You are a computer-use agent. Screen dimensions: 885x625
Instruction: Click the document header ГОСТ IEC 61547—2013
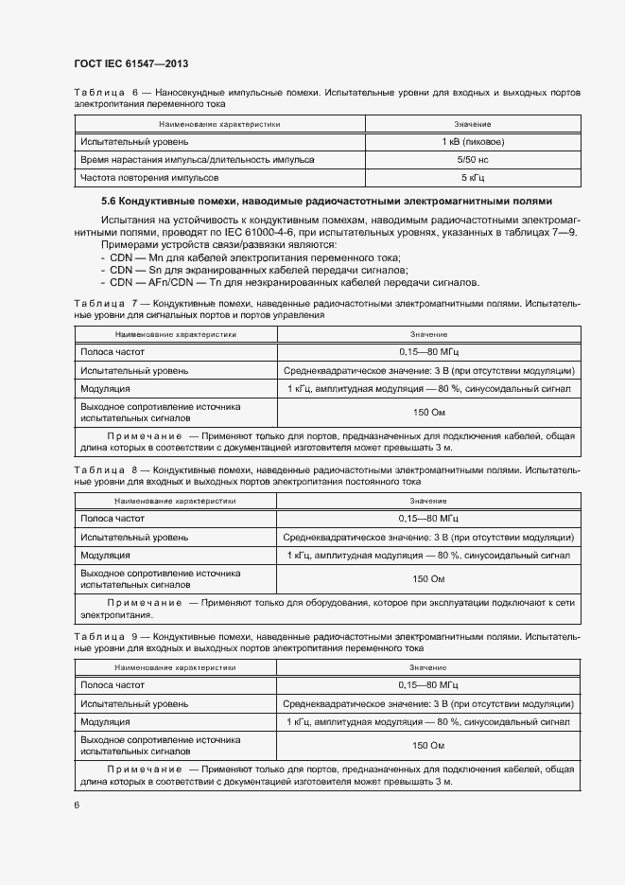coord(130,63)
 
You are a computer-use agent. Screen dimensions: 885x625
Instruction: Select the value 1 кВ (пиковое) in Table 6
coord(472,141)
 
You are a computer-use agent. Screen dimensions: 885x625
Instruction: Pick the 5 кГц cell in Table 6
coord(472,177)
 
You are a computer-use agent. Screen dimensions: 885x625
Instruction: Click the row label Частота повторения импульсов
coord(149,177)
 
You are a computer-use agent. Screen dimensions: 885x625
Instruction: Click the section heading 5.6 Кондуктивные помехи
coord(326,202)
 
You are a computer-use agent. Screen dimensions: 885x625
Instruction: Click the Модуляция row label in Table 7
coord(105,389)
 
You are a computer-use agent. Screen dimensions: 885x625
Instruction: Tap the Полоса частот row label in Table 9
coord(112,683)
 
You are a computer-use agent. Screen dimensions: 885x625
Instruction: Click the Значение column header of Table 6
coord(472,124)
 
